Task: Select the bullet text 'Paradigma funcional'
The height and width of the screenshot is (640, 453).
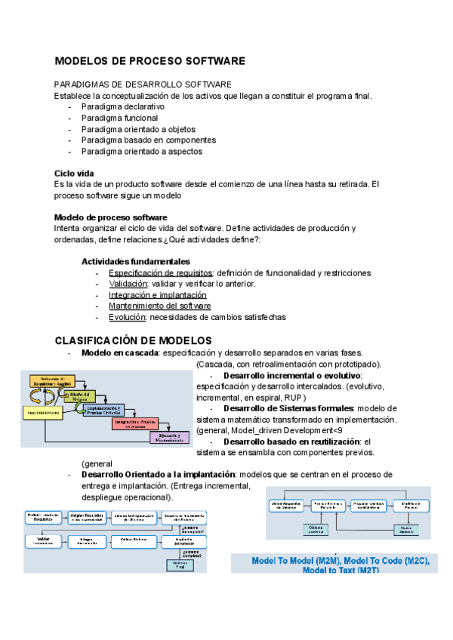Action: (x=120, y=118)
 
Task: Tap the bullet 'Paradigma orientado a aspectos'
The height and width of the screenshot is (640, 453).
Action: (x=142, y=151)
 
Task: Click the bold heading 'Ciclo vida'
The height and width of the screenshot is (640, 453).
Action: (x=74, y=173)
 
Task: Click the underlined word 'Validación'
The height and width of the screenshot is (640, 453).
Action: (x=128, y=284)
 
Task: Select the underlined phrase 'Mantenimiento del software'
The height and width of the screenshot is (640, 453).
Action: (x=159, y=306)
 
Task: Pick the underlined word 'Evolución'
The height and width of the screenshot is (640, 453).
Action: (x=128, y=318)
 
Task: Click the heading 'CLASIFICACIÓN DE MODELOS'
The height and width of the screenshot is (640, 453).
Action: (x=133, y=341)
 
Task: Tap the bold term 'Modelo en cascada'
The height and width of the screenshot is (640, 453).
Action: (x=120, y=353)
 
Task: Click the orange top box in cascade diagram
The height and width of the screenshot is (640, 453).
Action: (x=53, y=383)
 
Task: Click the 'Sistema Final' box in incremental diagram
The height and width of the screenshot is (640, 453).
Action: (x=179, y=565)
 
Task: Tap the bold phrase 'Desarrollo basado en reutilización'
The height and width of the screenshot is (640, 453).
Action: (x=292, y=441)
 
